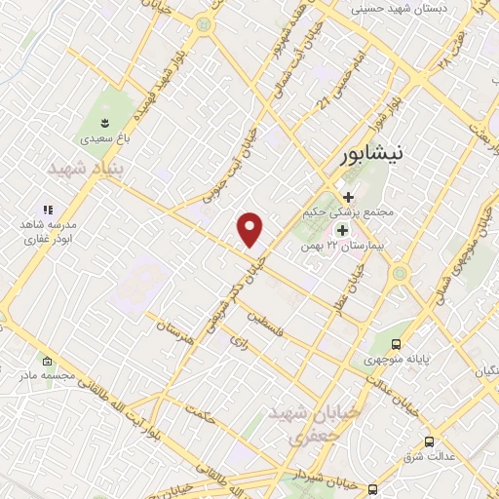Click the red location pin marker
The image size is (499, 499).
point(250,230)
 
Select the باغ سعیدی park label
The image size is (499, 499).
point(104,139)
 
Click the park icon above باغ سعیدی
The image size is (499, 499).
point(104,122)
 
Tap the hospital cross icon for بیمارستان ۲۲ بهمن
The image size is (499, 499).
point(342,230)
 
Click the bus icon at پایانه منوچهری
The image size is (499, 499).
point(396,344)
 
